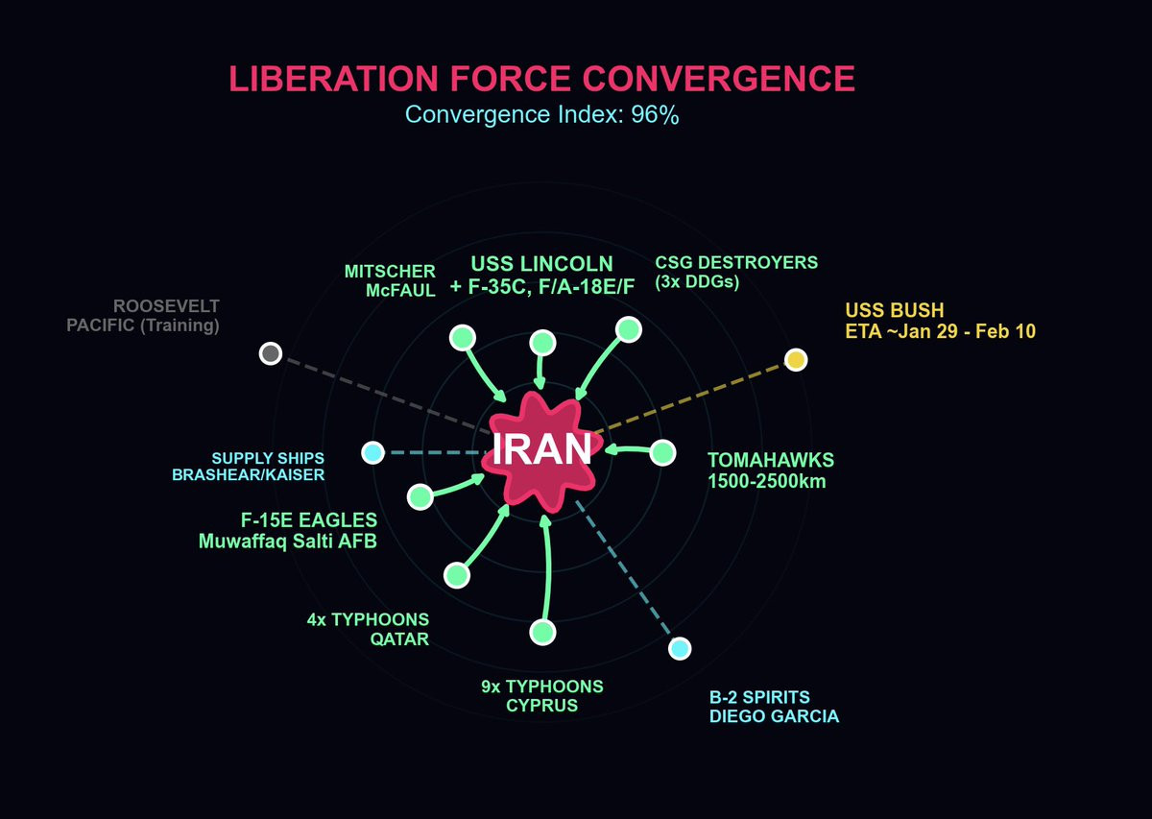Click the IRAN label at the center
[542, 449]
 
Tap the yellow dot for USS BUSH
[795, 360]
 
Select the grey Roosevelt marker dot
[271, 353]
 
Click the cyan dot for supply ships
[372, 452]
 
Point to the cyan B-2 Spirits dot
[680, 649]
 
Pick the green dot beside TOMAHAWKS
[662, 452]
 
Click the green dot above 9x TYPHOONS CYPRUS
[542, 632]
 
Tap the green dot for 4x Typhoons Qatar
[457, 575]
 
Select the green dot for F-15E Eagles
[420, 496]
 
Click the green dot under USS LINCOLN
[542, 343]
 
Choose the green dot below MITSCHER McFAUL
[463, 337]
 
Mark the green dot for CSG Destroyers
[629, 329]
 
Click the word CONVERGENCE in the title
[708, 79]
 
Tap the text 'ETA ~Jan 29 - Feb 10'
[940, 331]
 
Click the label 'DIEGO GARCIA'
[774, 716]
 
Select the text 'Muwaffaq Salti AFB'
[288, 542]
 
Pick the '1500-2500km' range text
[767, 481]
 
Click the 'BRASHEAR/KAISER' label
[248, 474]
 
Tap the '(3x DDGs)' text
[697, 282]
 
